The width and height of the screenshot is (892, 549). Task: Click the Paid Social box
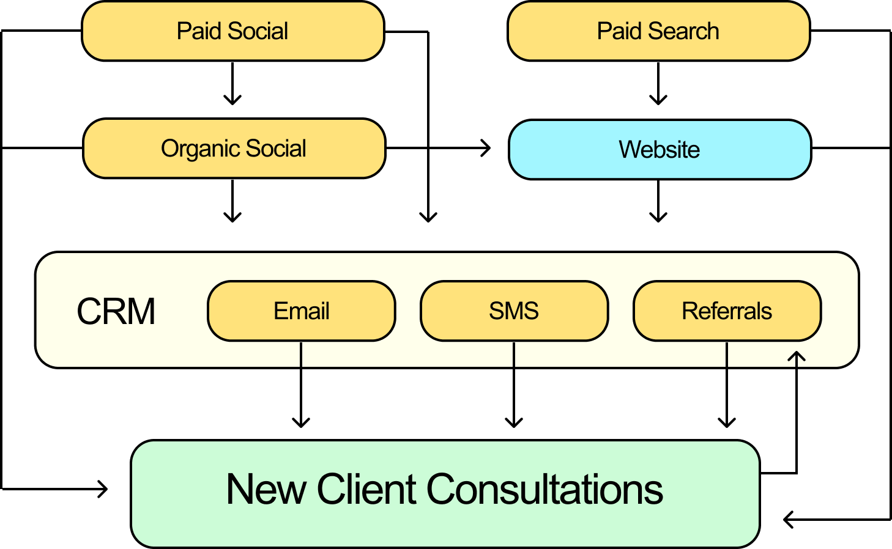[232, 31]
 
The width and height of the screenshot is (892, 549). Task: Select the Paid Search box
[658, 31]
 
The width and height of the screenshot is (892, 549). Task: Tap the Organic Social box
[234, 149]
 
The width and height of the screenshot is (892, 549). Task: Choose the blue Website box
[660, 150]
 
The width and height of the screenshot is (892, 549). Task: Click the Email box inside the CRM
[302, 311]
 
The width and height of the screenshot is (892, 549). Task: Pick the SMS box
[514, 311]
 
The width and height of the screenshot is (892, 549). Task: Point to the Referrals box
[727, 311]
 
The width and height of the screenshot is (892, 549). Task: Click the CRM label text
[116, 311]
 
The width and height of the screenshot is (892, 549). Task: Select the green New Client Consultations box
[445, 493]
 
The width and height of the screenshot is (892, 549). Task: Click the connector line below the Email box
[301, 355]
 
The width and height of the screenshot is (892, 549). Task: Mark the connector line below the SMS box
[514, 355]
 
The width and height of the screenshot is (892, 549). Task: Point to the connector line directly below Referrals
[726, 355]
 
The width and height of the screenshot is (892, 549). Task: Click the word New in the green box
[266, 490]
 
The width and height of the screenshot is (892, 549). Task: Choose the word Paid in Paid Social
[197, 31]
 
